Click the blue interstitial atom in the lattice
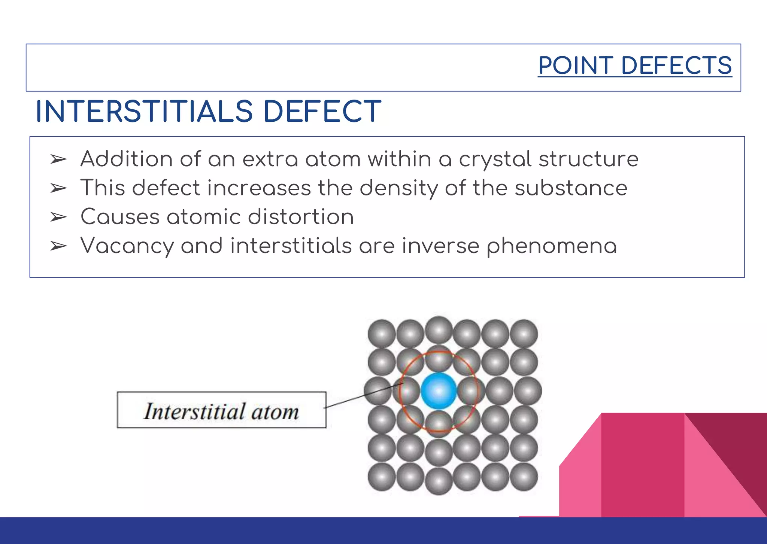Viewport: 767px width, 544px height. point(439,391)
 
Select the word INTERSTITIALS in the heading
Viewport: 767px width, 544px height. point(144,111)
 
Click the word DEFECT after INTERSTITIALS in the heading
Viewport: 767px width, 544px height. point(322,111)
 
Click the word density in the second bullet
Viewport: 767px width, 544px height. point(398,188)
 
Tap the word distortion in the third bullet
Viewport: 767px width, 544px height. point(301,217)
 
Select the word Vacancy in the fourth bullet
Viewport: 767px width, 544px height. point(127,246)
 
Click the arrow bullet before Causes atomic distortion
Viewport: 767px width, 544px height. point(58,217)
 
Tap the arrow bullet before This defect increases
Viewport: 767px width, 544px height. point(58,188)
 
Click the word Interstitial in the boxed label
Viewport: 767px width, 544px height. point(194,411)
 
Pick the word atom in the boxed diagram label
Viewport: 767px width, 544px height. point(275,412)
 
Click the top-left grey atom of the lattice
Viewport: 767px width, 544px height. point(381,333)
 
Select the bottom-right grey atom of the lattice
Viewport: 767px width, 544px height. point(524,477)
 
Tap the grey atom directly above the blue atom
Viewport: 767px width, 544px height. point(439,359)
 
